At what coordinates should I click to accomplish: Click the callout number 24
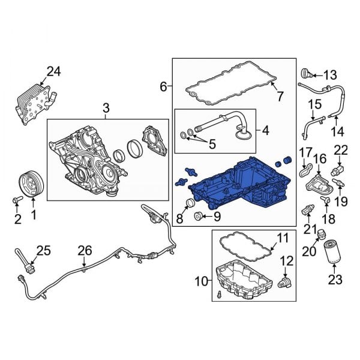[x=53, y=72]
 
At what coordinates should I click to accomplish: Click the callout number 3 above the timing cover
[x=106, y=108]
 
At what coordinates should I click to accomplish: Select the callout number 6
[x=164, y=87]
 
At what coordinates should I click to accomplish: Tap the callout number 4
[x=265, y=129]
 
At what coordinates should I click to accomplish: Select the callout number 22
[x=340, y=149]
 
